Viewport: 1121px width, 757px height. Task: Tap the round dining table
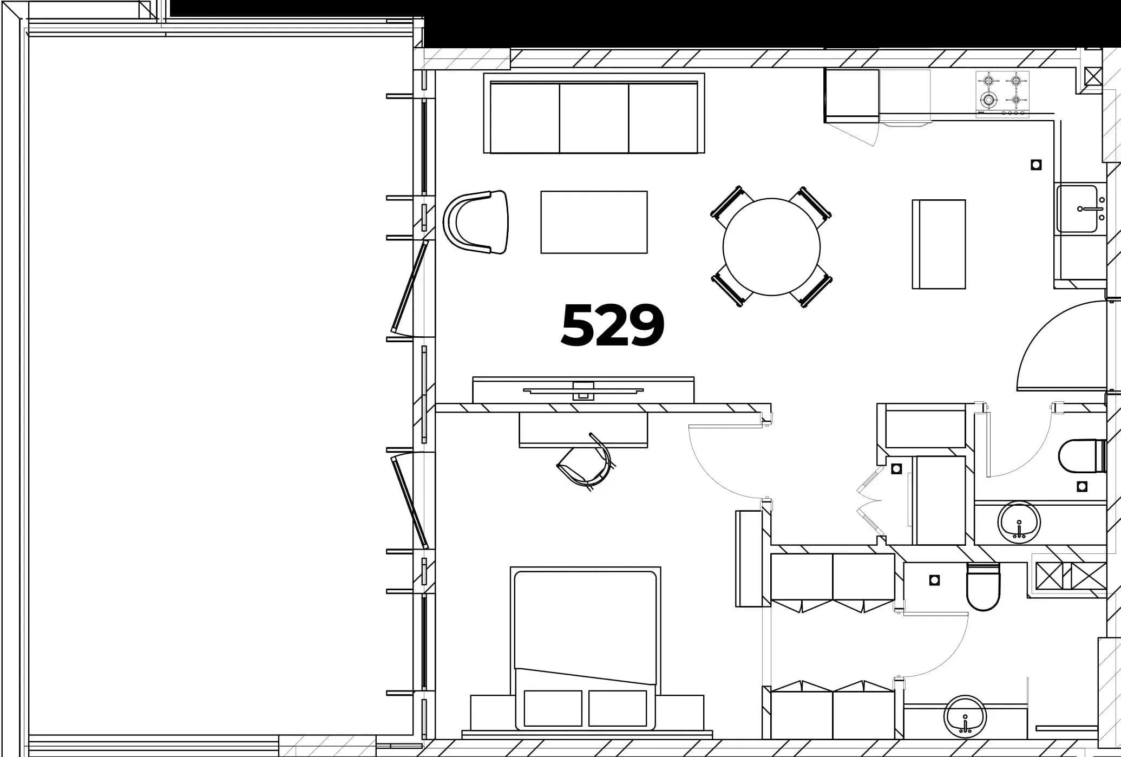[x=771, y=247]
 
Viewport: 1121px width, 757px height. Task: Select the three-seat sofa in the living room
[x=594, y=113]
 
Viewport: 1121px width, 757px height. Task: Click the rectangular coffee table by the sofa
[x=594, y=222]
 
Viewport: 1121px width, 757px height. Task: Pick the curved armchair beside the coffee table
[x=476, y=222]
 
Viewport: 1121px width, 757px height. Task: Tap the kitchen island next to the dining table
[x=939, y=244]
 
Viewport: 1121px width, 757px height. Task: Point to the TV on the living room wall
[x=583, y=390]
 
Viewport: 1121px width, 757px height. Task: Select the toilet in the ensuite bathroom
[x=983, y=587]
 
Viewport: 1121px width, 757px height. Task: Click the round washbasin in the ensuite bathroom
[x=965, y=716]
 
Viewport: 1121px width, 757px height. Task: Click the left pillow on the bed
[x=553, y=708]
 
